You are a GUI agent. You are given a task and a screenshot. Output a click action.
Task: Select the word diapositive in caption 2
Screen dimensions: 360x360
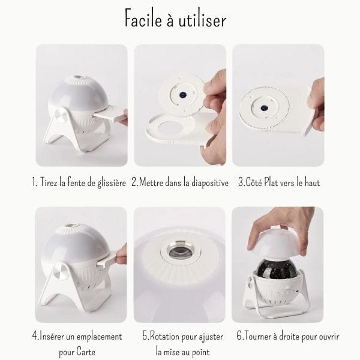pyautogui.click(x=210, y=183)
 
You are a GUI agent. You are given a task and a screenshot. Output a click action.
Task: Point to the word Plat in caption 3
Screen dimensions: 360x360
pyautogui.click(x=273, y=182)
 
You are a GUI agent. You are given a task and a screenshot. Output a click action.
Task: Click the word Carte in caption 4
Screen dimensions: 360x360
pyautogui.click(x=86, y=352)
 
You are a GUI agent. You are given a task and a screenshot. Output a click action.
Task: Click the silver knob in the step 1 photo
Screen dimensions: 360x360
pyautogui.click(x=61, y=115)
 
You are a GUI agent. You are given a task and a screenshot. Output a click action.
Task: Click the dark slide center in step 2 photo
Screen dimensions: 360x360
pyautogui.click(x=183, y=94)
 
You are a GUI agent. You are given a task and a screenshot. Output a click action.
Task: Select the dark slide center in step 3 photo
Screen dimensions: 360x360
pyautogui.click(x=265, y=107)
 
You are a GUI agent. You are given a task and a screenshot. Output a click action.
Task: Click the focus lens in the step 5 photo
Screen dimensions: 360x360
pyautogui.click(x=179, y=252)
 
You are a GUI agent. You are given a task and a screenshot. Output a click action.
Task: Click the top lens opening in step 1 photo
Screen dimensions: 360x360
pyautogui.click(x=79, y=77)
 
